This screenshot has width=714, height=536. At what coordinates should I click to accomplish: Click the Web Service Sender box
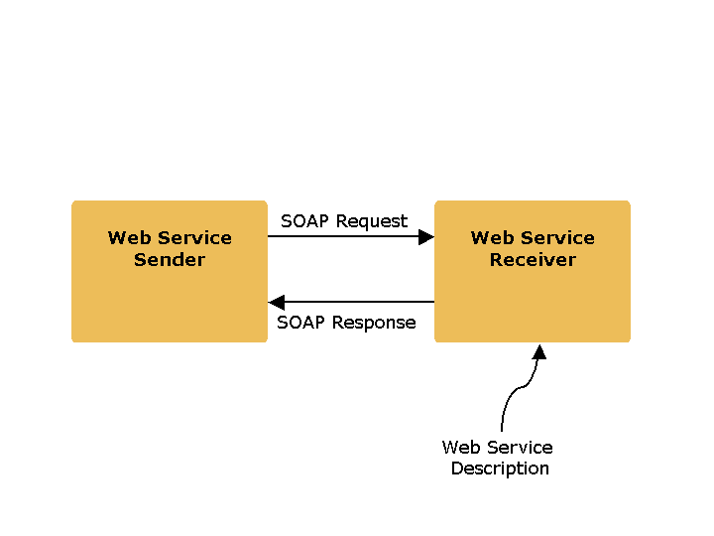tap(169, 298)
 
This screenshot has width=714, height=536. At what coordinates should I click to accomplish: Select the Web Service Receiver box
tap(532, 298)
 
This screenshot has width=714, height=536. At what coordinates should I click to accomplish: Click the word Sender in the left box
tap(170, 260)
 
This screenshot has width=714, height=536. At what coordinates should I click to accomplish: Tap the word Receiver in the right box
tap(533, 260)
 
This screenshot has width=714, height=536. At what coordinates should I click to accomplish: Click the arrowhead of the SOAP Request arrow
tap(426, 237)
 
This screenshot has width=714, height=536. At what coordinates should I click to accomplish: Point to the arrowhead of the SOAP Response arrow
tap(277, 302)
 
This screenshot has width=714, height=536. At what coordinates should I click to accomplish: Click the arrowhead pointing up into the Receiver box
tap(539, 351)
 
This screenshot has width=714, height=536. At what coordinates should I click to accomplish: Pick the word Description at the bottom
tap(500, 469)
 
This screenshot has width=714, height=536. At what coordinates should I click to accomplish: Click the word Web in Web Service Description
tap(461, 448)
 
